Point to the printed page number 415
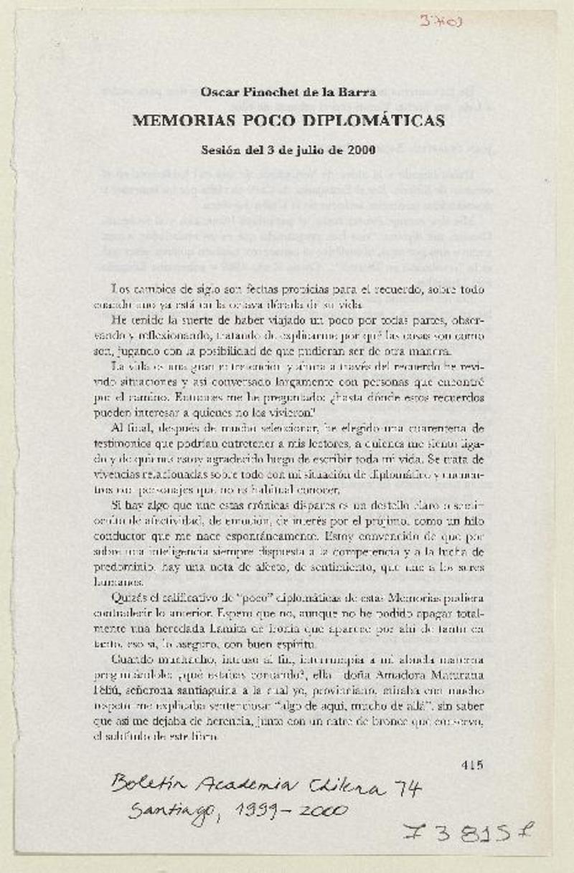coord(472,763)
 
